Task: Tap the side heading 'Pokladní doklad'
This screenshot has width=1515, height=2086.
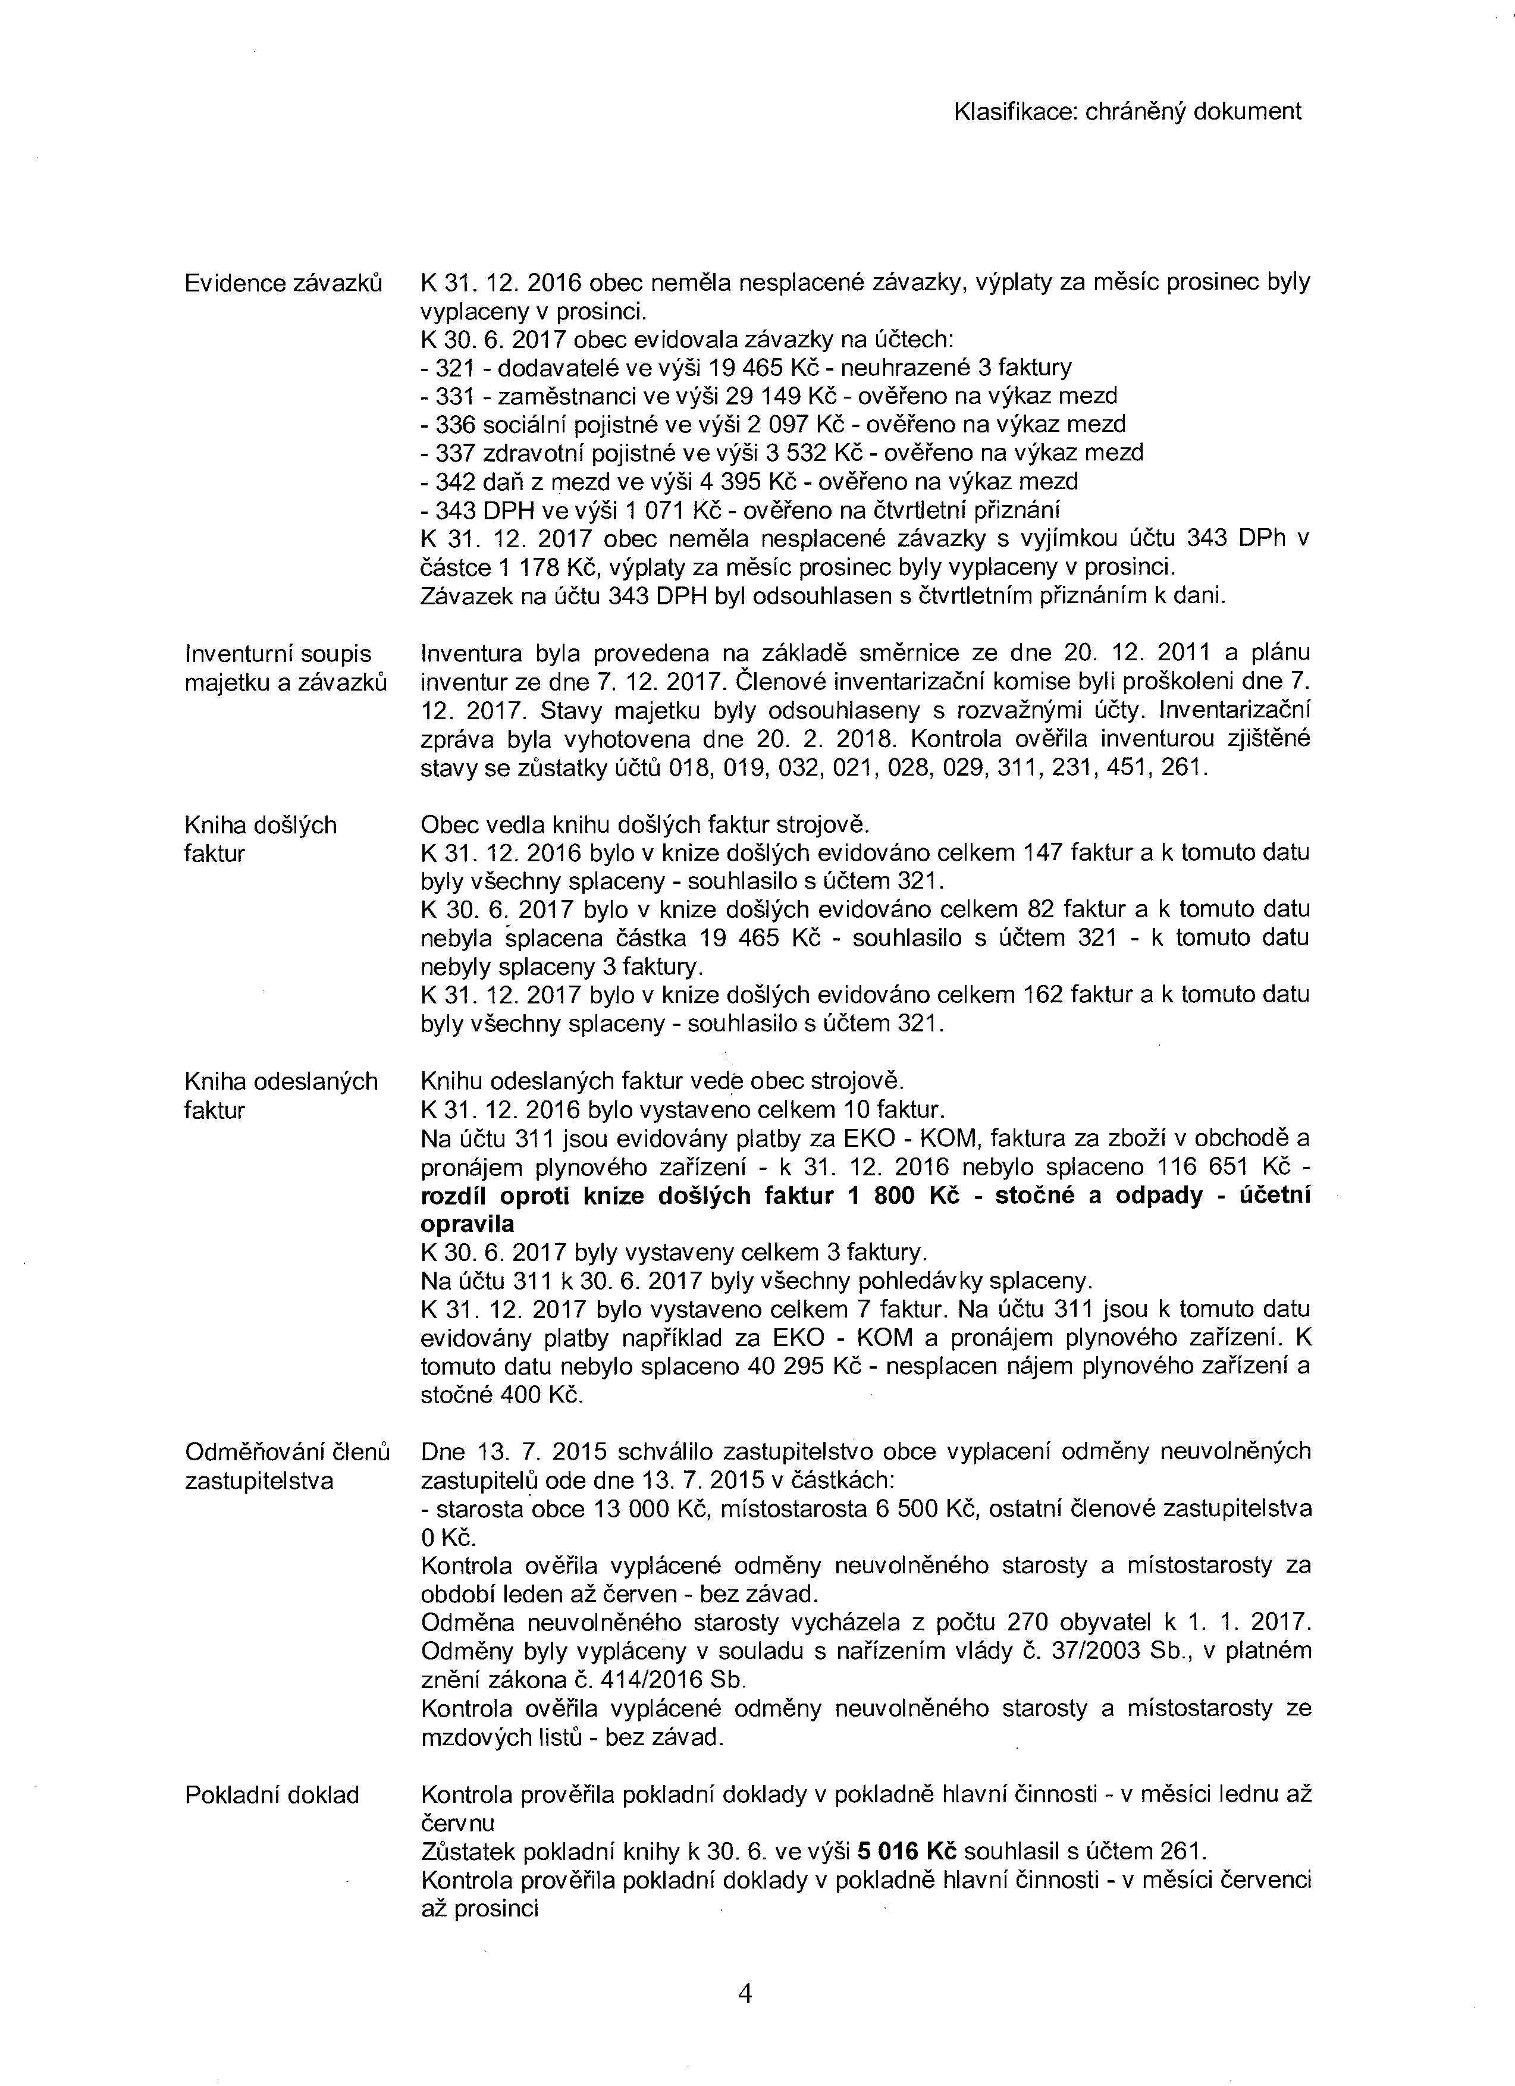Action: point(272,1795)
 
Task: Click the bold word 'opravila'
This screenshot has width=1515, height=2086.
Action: point(468,1224)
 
